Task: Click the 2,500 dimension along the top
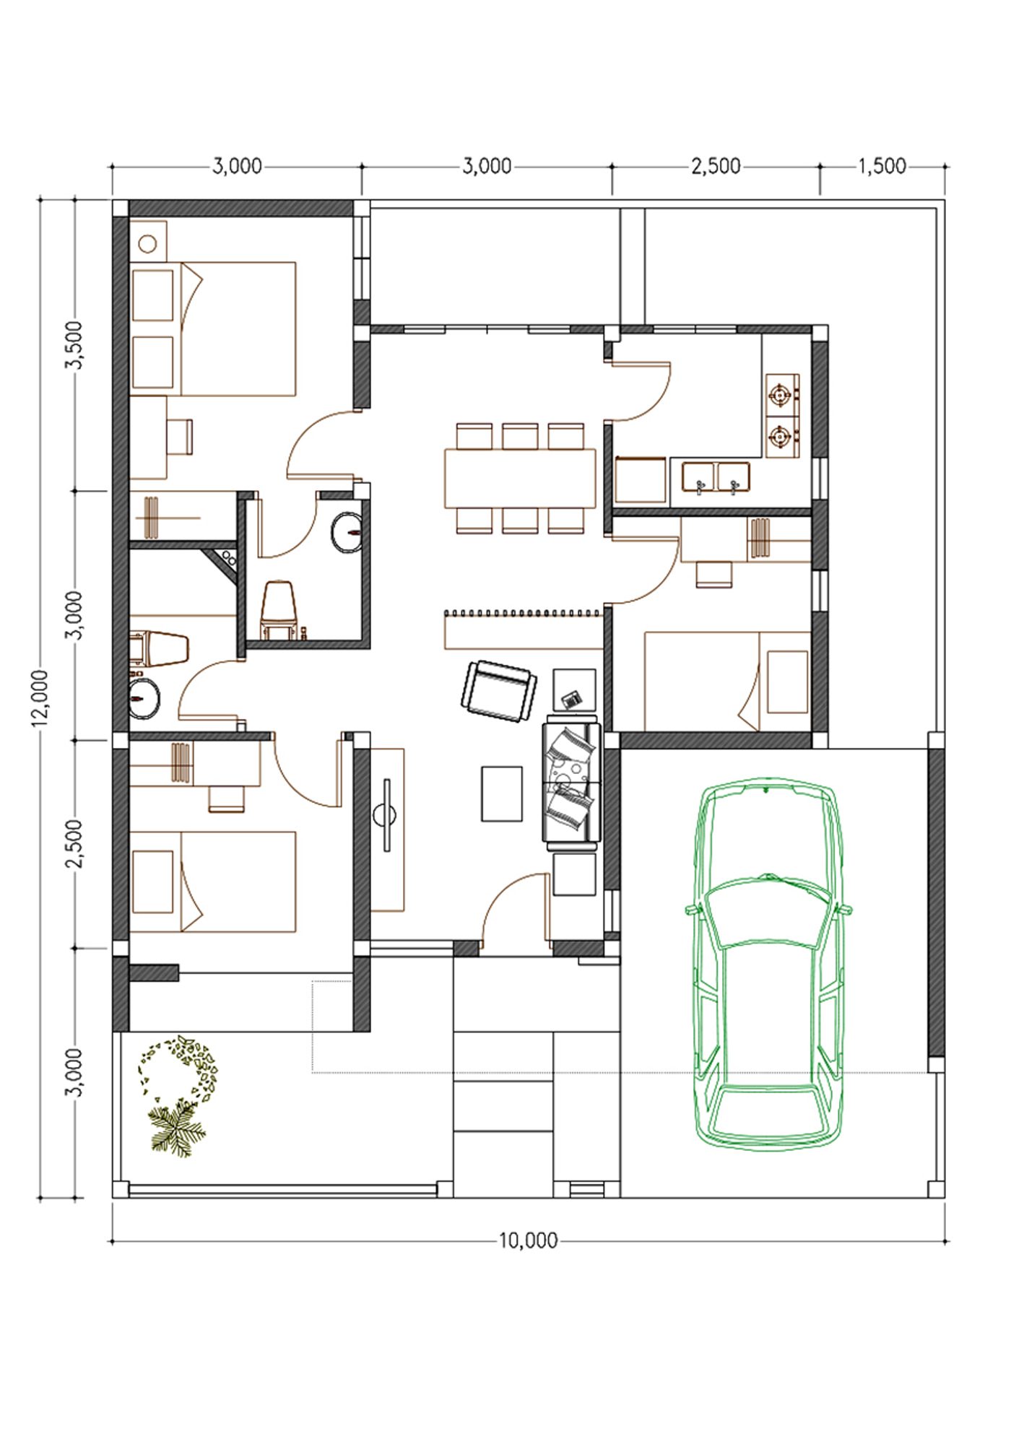click(x=716, y=166)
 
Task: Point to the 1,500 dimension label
click(x=882, y=166)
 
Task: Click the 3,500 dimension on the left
click(x=75, y=345)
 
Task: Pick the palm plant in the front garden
click(x=176, y=1129)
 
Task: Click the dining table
click(x=520, y=478)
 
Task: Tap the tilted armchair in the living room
click(x=499, y=691)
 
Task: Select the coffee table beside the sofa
click(x=502, y=793)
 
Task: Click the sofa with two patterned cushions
click(x=571, y=782)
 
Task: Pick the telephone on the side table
click(x=572, y=699)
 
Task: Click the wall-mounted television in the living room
click(x=386, y=815)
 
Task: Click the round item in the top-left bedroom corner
click(x=148, y=243)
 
